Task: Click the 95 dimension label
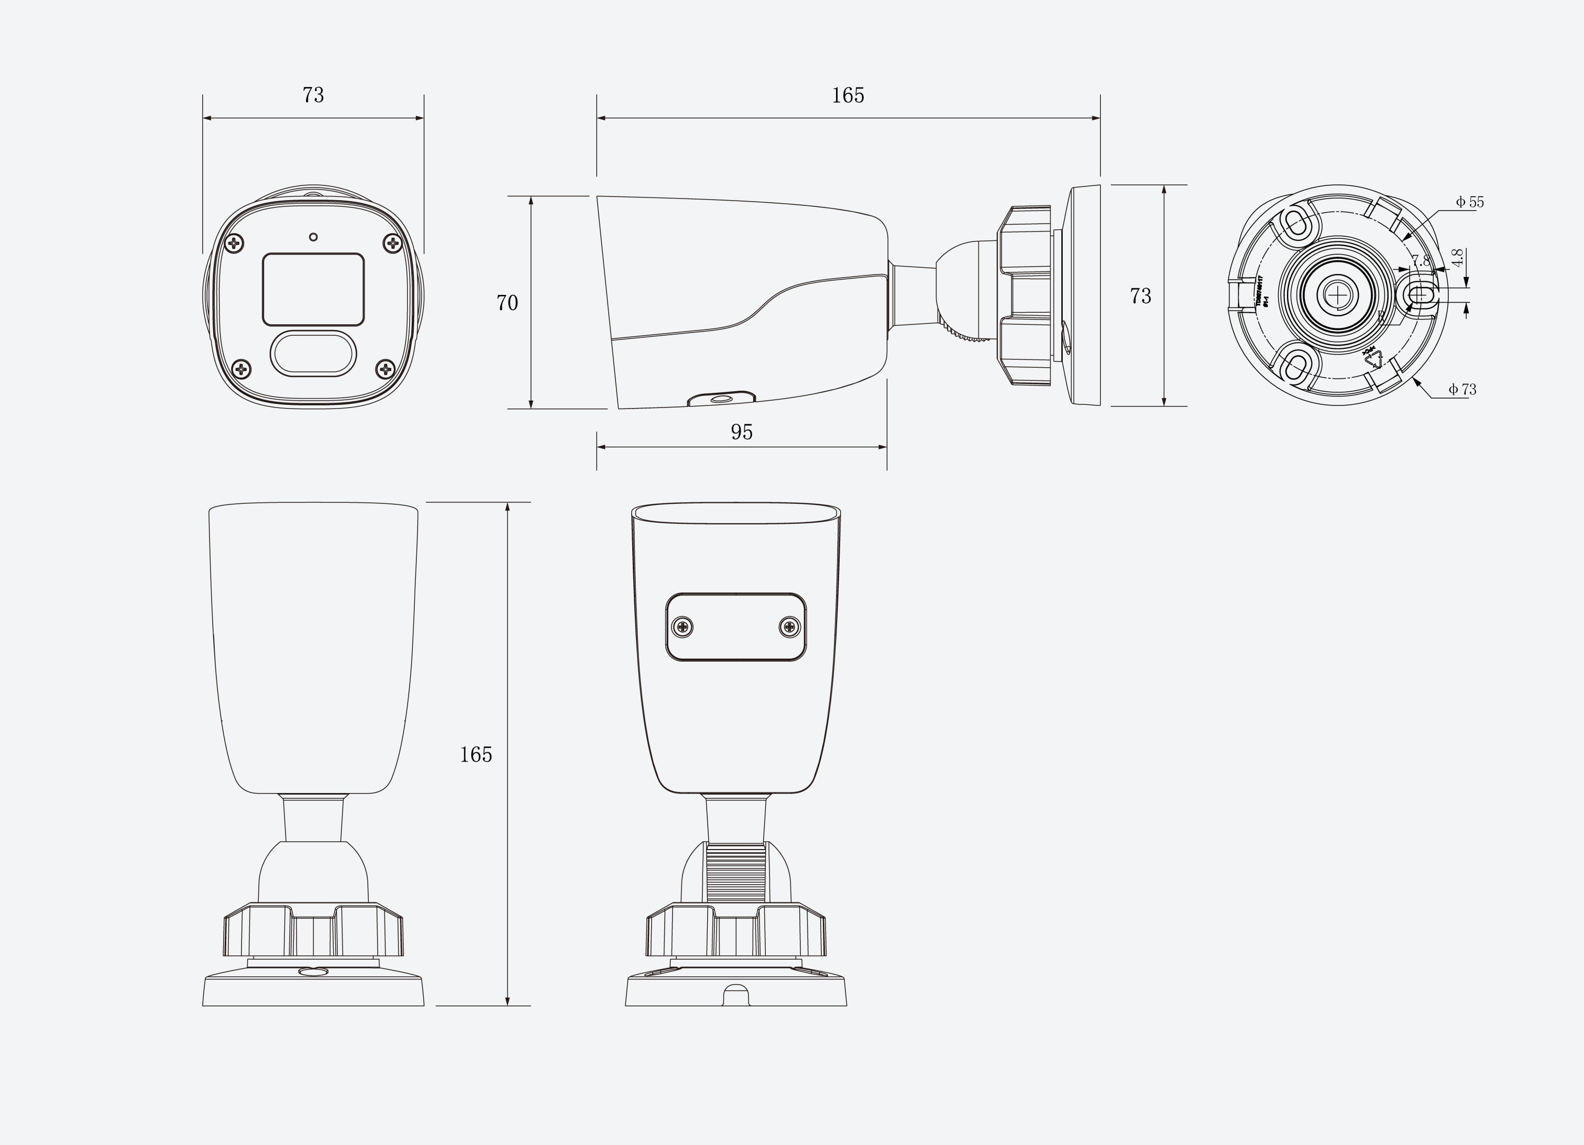tap(742, 432)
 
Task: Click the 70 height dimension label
tap(507, 302)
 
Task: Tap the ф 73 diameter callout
tap(1462, 389)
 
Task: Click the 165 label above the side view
tap(848, 95)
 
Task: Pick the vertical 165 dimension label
tap(476, 754)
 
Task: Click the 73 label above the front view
tap(313, 95)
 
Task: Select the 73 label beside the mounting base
tap(1140, 296)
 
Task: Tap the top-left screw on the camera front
tap(235, 244)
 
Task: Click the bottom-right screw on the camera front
tap(386, 369)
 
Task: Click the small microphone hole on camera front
tap(313, 237)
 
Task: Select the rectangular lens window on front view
tap(313, 289)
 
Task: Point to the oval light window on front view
tap(313, 353)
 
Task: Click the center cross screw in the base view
tap(1337, 295)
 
